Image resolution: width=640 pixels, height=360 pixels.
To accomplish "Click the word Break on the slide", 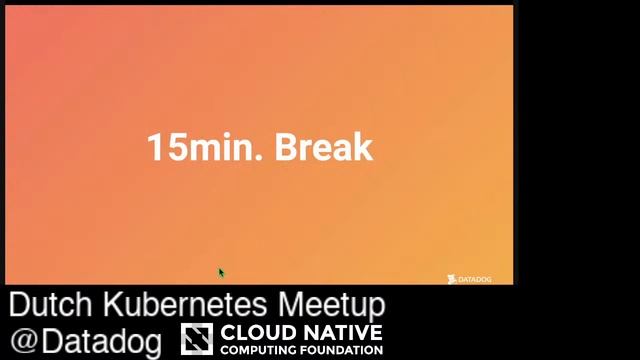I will (x=323, y=147).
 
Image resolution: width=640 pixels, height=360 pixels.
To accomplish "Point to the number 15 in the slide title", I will (x=162, y=147).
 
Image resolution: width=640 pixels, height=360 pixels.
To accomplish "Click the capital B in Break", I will (x=287, y=147).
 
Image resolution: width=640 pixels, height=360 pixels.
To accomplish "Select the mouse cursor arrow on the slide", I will (x=221, y=272).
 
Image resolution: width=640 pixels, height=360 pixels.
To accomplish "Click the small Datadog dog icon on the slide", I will (x=452, y=279).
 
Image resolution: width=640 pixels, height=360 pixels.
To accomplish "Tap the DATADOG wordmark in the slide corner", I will (x=475, y=279).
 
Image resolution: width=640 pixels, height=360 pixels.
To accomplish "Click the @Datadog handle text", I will (x=86, y=340).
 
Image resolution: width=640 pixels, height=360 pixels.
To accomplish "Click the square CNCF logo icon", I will (x=197, y=339).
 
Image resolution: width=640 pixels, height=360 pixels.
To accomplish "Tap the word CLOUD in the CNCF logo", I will (x=255, y=331).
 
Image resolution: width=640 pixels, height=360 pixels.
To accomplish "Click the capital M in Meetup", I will (x=293, y=304).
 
